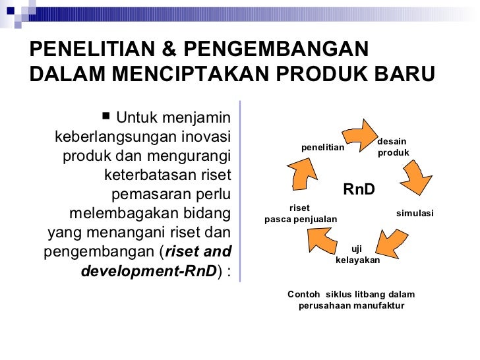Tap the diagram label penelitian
click(322, 147)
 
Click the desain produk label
click(392, 147)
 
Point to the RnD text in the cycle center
click(359, 190)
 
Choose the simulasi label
click(415, 214)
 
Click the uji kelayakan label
click(357, 255)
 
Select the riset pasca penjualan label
click(301, 214)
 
